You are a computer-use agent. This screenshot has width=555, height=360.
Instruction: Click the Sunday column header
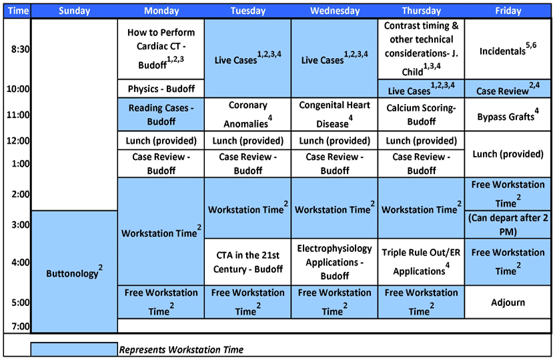pyautogui.click(x=74, y=11)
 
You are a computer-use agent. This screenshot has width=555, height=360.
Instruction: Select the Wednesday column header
pyautogui.click(x=334, y=11)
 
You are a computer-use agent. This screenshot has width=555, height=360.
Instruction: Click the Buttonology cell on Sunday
pyautogui.click(x=74, y=273)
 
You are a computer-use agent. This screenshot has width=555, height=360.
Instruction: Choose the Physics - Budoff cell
pyautogui.click(x=161, y=89)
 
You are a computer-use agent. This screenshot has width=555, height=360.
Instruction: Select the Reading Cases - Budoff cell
pyautogui.click(x=161, y=114)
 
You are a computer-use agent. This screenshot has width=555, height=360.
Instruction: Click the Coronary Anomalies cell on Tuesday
pyautogui.click(x=247, y=114)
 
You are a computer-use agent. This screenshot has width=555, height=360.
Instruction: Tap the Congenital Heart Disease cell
pyautogui.click(x=334, y=114)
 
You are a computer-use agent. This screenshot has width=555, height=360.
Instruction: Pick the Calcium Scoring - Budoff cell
pyautogui.click(x=421, y=114)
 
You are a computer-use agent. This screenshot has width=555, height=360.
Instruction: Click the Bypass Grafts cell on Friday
pyautogui.click(x=509, y=116)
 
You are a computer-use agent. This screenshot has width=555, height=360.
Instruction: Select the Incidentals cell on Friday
pyautogui.click(x=509, y=50)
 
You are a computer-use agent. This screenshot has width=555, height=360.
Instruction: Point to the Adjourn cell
pyautogui.click(x=509, y=302)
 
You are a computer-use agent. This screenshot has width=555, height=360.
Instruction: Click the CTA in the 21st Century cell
pyautogui.click(x=247, y=261)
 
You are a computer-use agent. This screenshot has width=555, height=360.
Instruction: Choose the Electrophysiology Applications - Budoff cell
pyautogui.click(x=334, y=261)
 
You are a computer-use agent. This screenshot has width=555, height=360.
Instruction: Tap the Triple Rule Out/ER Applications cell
pyautogui.click(x=421, y=261)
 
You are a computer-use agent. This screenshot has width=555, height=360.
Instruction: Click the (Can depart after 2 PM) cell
pyautogui.click(x=509, y=225)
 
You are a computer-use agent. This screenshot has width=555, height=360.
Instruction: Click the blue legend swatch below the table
pyautogui.click(x=74, y=349)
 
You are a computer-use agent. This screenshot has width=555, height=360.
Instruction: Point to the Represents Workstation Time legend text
pyautogui.click(x=181, y=350)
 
